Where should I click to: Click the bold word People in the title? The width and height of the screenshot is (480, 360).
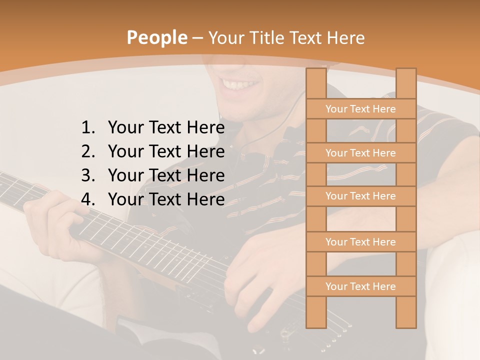[x=157, y=37]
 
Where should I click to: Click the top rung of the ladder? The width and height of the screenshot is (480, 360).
[x=360, y=109]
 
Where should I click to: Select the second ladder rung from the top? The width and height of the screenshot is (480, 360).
[x=360, y=153]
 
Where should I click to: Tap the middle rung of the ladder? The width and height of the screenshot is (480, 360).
[x=360, y=196]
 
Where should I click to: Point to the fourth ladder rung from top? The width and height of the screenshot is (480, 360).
[x=360, y=242]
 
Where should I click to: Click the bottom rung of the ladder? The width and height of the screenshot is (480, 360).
[x=360, y=286]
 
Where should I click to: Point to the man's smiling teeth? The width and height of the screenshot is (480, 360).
[x=240, y=84]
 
